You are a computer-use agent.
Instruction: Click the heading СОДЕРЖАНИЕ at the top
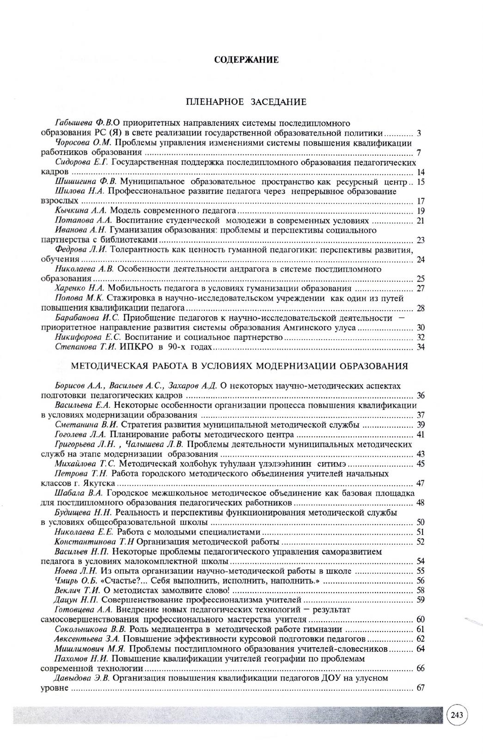tap(246, 60)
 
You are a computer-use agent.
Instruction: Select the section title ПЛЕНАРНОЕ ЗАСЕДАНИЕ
tap(246, 102)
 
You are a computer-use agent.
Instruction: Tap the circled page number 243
tap(457, 715)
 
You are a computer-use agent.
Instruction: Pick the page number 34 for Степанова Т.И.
tap(421, 347)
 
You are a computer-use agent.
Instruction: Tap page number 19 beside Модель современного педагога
tap(421, 211)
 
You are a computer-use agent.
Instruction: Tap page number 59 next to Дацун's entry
tap(421, 601)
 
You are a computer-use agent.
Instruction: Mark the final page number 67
tap(421, 688)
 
